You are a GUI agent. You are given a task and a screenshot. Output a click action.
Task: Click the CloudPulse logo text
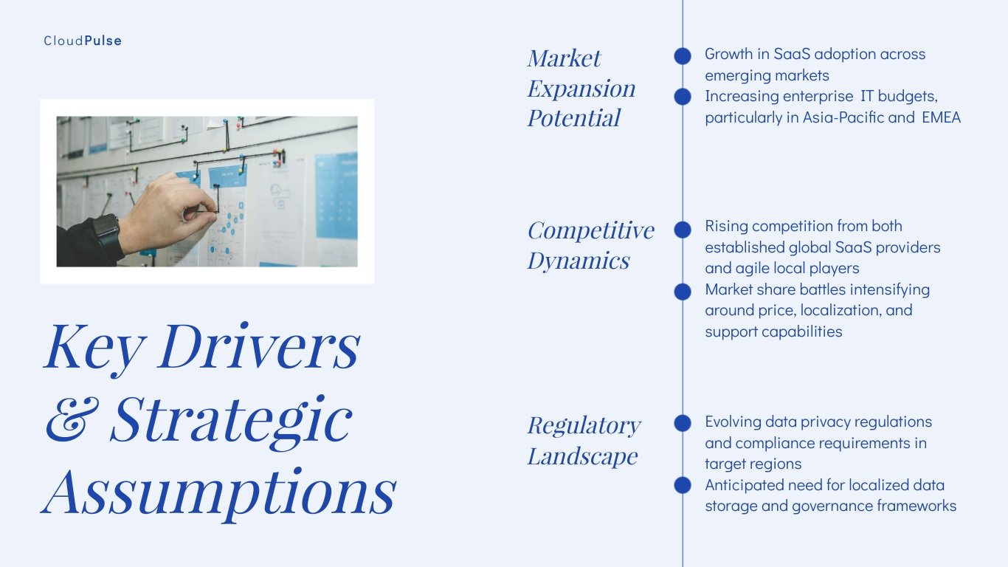click(x=83, y=41)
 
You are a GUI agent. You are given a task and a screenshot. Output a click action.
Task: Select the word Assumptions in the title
click(x=219, y=491)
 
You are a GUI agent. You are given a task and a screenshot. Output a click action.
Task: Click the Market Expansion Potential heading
click(x=581, y=88)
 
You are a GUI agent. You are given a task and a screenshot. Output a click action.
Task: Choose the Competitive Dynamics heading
click(x=590, y=245)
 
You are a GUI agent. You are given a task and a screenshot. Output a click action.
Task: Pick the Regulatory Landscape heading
click(x=583, y=440)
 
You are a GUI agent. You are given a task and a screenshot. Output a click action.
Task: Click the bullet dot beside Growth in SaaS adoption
click(x=683, y=55)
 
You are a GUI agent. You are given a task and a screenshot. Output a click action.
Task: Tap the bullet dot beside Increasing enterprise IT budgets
click(x=683, y=97)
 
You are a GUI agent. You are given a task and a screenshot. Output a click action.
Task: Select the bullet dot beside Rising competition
click(x=683, y=230)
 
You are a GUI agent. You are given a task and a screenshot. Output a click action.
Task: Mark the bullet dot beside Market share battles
click(x=683, y=292)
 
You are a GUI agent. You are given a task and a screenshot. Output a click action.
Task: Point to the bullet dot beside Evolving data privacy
click(x=683, y=423)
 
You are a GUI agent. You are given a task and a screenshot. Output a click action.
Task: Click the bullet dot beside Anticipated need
click(x=683, y=485)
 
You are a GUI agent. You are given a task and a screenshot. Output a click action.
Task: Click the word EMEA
click(x=941, y=117)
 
